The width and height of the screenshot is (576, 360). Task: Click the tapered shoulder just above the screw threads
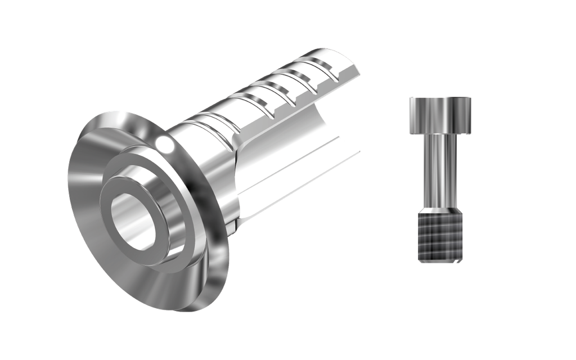coord(440,209)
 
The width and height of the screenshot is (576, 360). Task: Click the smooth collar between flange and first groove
coord(194,135)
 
